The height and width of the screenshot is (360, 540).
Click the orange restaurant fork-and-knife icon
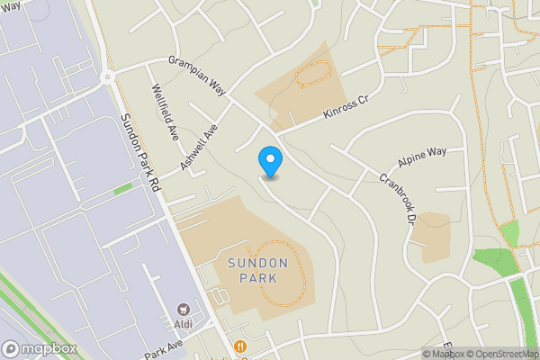pos(240,346)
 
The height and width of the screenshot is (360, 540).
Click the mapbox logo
pos(36,348)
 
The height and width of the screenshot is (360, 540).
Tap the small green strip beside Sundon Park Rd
pos(122,189)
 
